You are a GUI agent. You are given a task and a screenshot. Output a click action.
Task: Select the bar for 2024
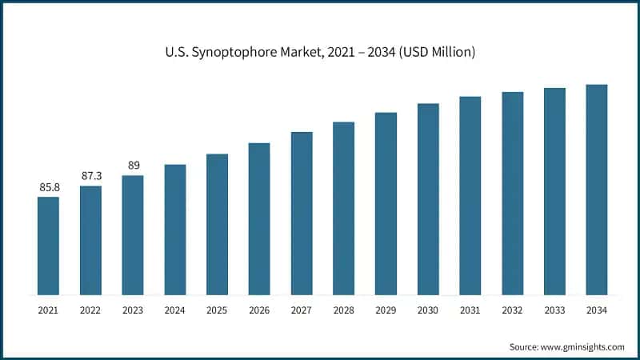coord(175,230)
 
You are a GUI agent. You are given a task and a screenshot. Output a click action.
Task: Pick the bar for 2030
coord(428,199)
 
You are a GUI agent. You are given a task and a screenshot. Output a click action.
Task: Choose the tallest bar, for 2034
coord(596,190)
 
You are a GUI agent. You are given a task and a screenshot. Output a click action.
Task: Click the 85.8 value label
coord(48,187)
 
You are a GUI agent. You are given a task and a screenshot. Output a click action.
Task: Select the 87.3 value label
coord(90,176)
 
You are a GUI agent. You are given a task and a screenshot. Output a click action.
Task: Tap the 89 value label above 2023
coord(133,166)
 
